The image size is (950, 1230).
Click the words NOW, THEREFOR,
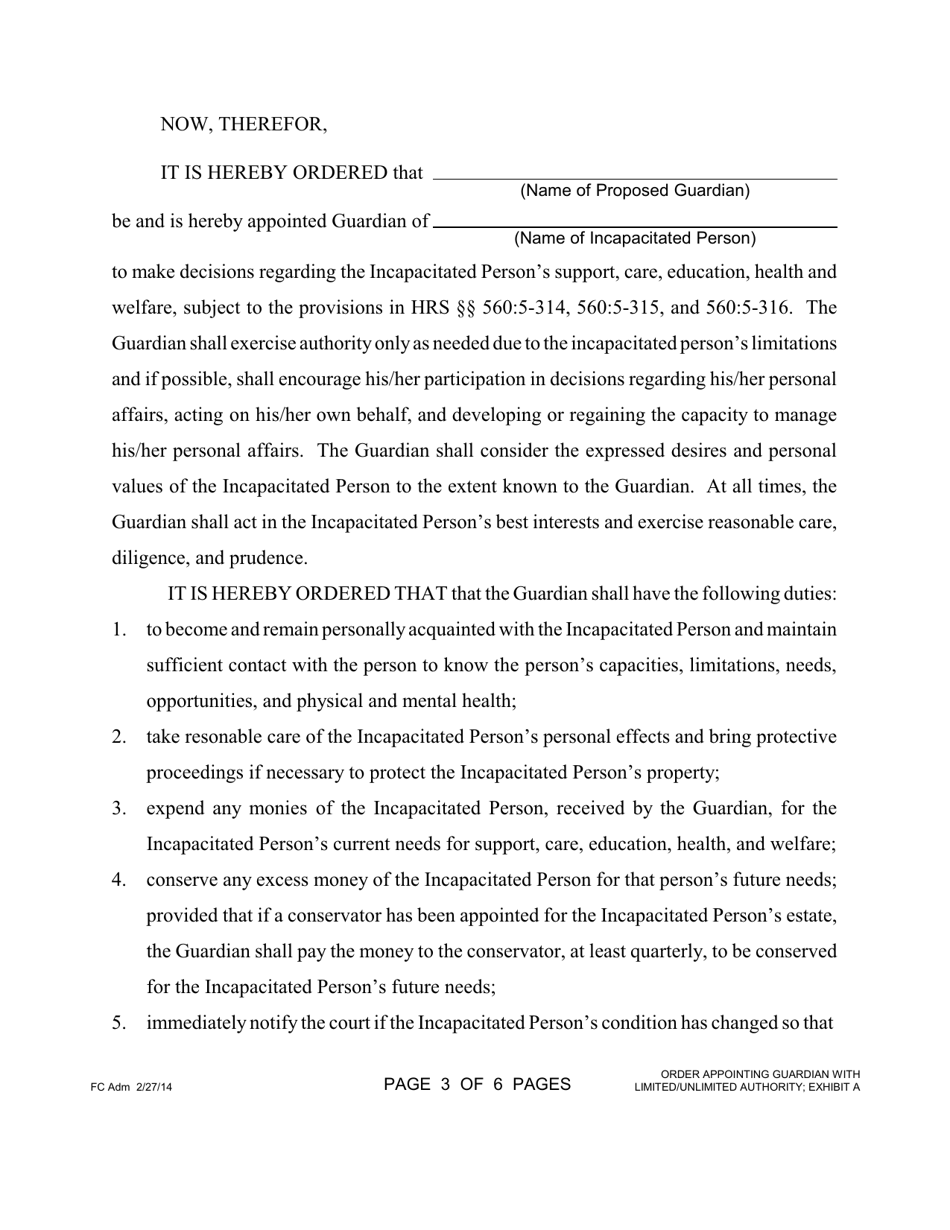[243, 125]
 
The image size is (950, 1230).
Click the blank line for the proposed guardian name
[634, 177]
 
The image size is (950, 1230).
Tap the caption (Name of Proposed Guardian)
[634, 190]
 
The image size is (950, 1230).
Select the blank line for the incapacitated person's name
[634, 226]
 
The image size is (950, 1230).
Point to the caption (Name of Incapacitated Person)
[634, 238]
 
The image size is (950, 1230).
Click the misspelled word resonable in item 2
[221, 737]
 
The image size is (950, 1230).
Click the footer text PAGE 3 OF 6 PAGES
[477, 1084]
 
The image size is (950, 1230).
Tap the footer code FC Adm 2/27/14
[131, 1087]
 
